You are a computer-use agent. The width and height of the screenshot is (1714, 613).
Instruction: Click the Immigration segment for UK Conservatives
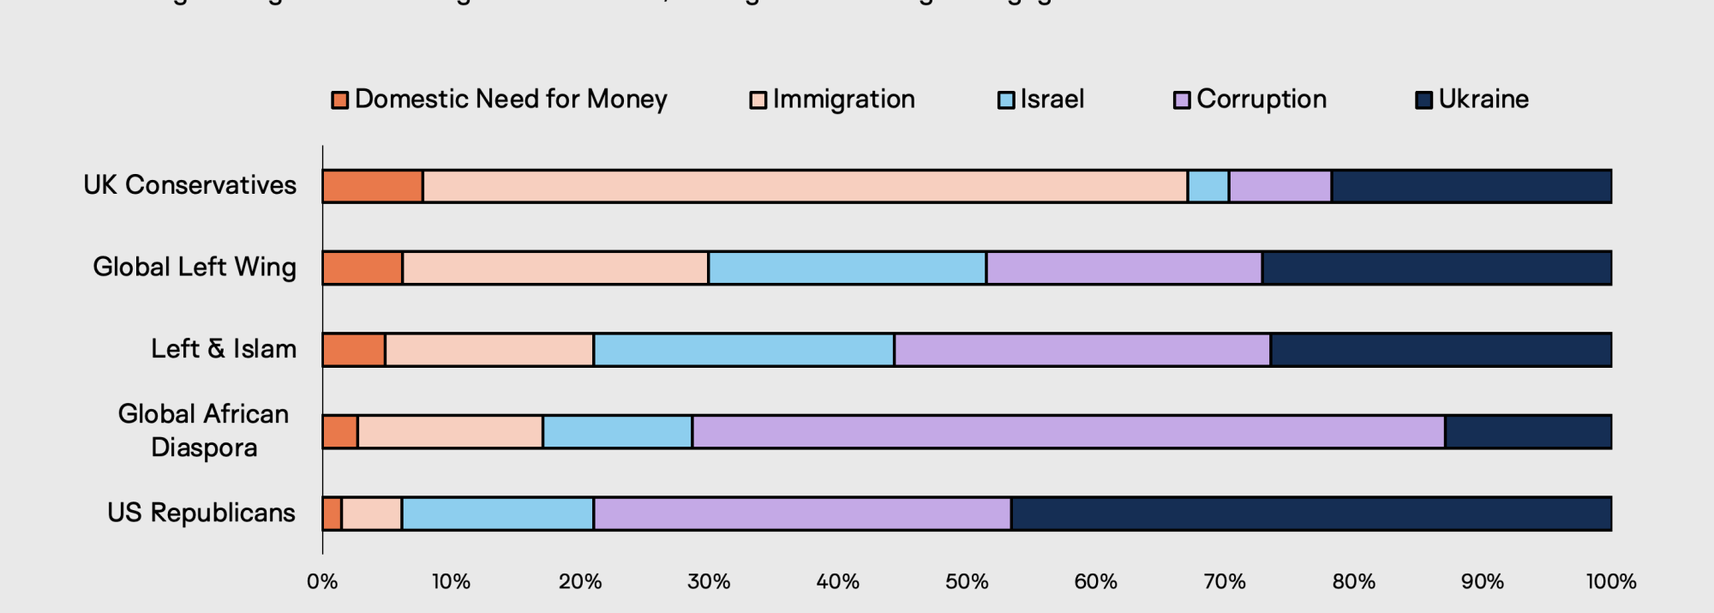click(805, 186)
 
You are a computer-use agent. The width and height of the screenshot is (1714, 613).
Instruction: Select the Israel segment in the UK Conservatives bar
click(1208, 186)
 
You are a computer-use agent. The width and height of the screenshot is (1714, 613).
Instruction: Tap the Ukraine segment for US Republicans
click(1311, 514)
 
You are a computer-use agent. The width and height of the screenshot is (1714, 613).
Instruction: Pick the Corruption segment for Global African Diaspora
click(1069, 431)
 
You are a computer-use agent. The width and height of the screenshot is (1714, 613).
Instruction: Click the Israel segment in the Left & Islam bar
click(744, 350)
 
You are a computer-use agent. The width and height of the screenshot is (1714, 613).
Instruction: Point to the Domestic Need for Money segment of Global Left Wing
click(363, 267)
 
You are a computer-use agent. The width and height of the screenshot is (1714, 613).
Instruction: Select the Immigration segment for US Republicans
click(372, 514)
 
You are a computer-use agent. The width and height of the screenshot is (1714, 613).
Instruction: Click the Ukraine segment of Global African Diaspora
click(1528, 431)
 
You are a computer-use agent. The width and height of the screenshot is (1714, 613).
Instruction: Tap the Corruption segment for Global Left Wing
click(1124, 267)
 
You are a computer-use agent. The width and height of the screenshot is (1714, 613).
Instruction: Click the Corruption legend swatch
click(1182, 100)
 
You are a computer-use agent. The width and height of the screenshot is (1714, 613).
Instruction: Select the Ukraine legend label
click(1483, 99)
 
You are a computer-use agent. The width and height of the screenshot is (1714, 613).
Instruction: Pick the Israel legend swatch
click(1006, 100)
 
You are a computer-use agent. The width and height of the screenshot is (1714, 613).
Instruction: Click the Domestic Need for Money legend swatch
click(340, 100)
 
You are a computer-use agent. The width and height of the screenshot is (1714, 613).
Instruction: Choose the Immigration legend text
click(843, 99)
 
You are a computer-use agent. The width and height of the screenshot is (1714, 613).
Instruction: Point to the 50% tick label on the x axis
click(967, 582)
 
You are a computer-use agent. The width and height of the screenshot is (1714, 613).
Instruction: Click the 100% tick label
click(1610, 582)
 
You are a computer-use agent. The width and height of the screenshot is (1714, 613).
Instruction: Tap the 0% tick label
click(322, 582)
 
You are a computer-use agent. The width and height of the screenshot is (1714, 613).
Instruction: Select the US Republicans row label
click(201, 513)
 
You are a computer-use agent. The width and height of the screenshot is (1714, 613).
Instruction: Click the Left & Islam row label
click(224, 349)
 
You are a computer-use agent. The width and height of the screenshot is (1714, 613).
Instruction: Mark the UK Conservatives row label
click(190, 185)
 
